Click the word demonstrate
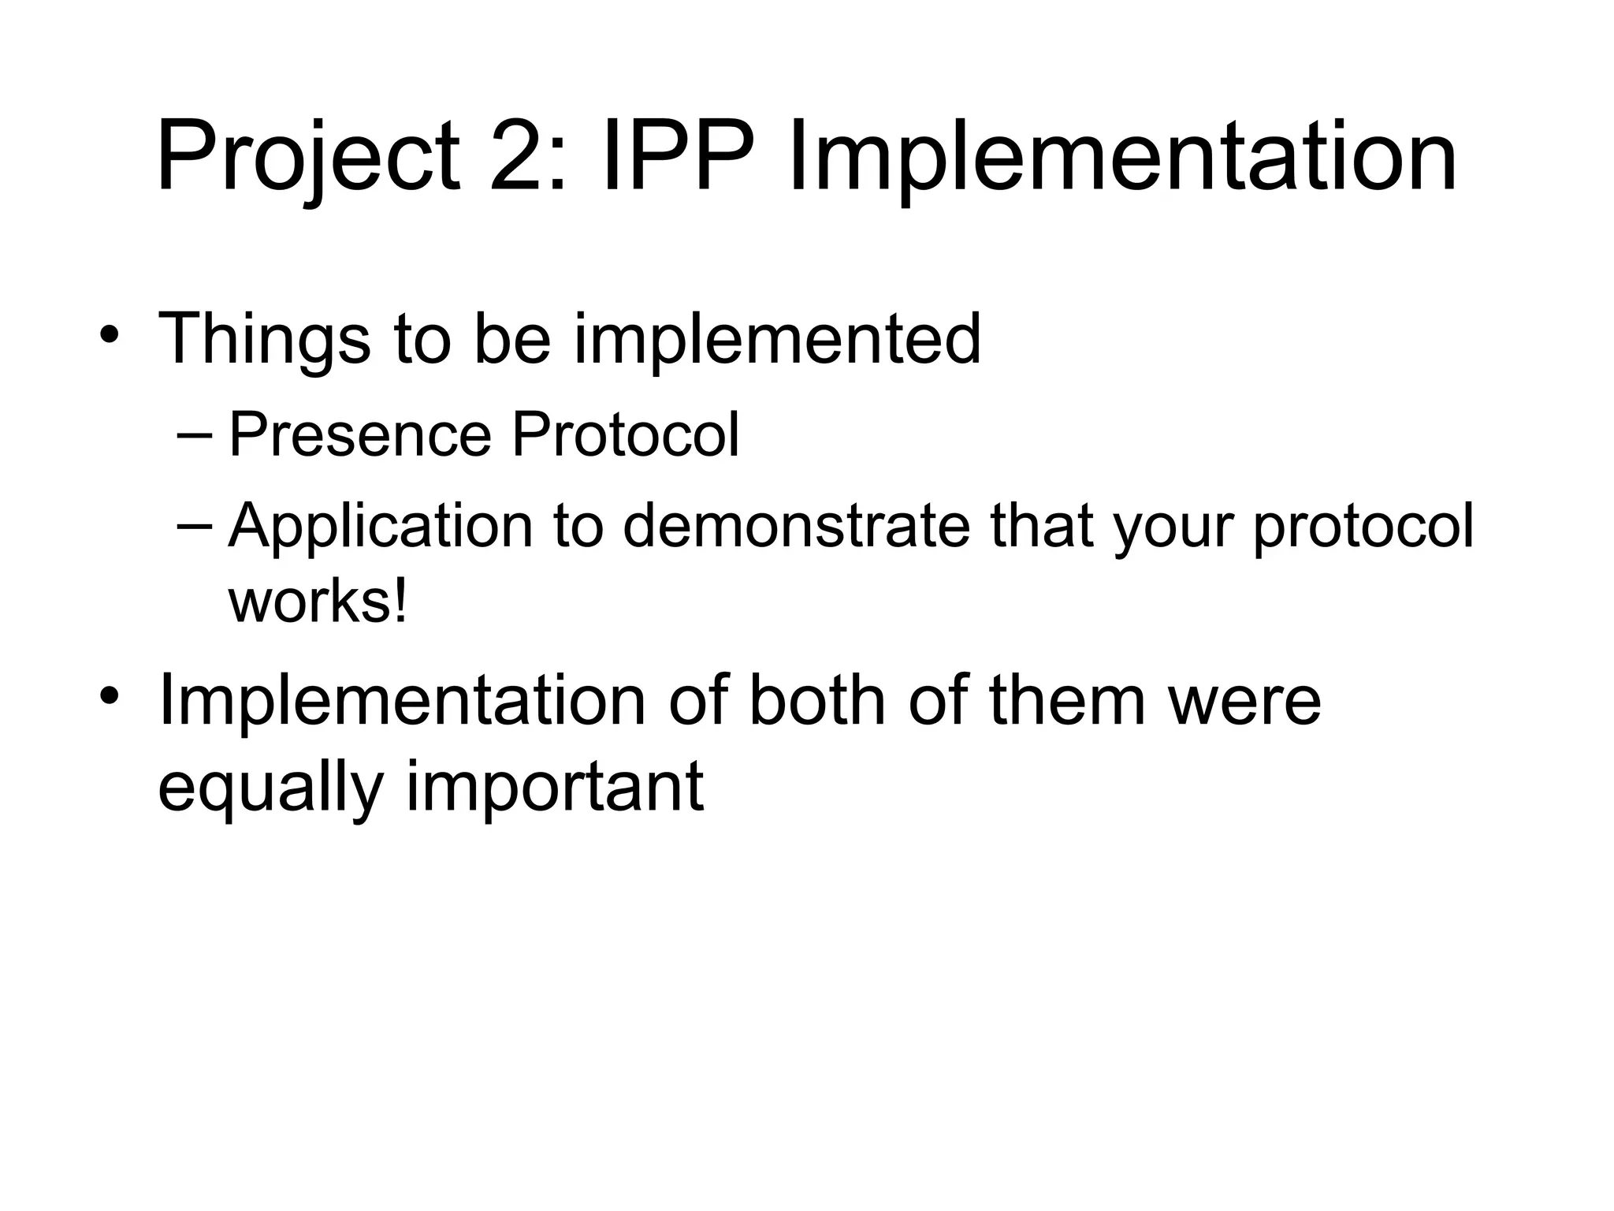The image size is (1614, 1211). coord(796,525)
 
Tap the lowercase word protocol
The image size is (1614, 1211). coord(1363,527)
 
